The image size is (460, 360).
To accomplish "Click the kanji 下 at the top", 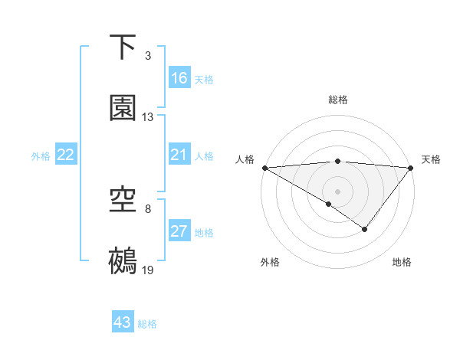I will tap(123, 47).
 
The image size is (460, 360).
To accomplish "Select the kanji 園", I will tap(123, 108).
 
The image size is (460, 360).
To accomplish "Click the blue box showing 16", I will tap(179, 78).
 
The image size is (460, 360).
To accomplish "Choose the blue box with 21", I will tap(179, 155).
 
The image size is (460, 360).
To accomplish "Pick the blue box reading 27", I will tap(179, 232).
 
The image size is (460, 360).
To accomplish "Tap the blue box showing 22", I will tap(66, 155).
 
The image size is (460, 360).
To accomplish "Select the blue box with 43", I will tap(123, 322).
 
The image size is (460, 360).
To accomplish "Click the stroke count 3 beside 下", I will tap(148, 56).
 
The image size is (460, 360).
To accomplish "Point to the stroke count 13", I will tap(148, 117).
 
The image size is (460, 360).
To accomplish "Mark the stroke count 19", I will tap(148, 271).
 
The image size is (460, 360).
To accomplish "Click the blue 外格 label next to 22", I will tap(41, 156).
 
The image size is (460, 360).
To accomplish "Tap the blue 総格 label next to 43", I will tap(147, 323).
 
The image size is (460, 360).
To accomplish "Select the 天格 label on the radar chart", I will tap(431, 159).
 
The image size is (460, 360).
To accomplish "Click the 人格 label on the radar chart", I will tap(245, 159).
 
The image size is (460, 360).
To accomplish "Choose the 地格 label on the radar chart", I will tap(402, 262).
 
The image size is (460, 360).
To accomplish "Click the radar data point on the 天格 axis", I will tap(412, 167).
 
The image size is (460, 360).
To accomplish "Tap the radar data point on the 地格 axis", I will tap(365, 229).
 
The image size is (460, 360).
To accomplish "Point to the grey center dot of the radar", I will tap(337, 191).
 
